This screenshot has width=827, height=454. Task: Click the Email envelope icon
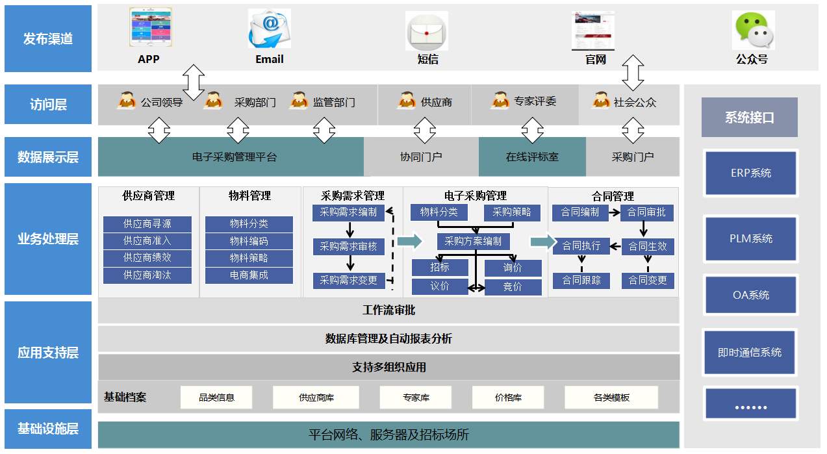coord(269,29)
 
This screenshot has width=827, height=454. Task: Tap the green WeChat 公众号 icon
coord(753,31)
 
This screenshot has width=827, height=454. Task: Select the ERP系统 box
coord(750,173)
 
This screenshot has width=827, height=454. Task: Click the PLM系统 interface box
coord(750,238)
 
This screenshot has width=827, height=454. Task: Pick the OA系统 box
coord(750,295)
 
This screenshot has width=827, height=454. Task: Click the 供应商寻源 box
coord(147,224)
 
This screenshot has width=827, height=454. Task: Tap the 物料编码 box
coord(249,241)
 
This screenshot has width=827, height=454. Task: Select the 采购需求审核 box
coord(349,247)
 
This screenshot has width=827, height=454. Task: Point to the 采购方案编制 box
coord(473,242)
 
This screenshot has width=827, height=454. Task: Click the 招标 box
coord(440,268)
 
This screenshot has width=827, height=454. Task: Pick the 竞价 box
coord(513,286)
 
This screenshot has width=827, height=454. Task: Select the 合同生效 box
coord(647,246)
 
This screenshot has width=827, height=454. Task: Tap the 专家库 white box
coord(416,397)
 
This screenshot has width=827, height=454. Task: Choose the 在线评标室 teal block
coord(532,157)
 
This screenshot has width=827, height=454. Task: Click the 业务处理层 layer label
coord(48,239)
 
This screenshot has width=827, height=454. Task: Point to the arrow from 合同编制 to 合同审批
coord(615,212)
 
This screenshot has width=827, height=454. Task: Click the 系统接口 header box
coord(749,118)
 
